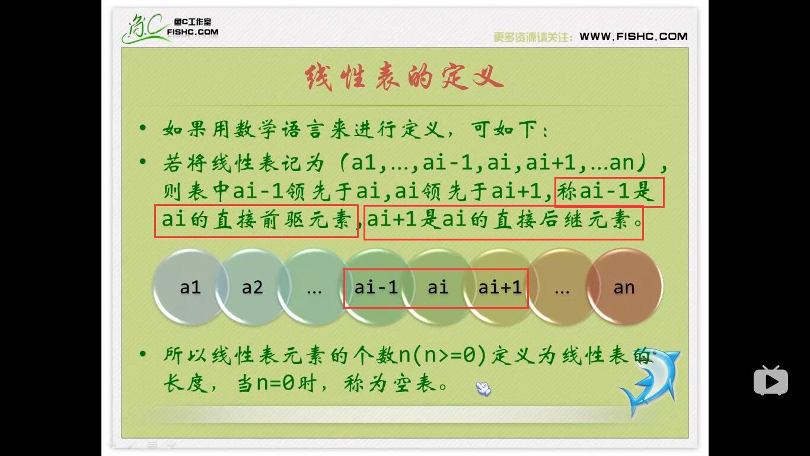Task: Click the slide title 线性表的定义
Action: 404,78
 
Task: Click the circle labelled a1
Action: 190,287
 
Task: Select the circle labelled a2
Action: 252,287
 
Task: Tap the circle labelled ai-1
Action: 376,287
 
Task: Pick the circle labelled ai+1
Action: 500,287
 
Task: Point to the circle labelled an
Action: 624,287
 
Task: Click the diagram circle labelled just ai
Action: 438,287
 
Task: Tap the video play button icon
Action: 770,381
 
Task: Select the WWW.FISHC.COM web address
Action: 633,36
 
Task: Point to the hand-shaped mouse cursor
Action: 483,389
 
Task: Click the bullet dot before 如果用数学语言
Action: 143,128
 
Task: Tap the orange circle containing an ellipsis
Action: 561,287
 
